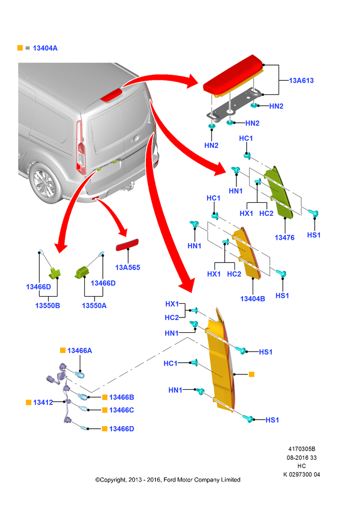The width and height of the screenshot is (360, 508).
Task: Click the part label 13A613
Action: (302, 80)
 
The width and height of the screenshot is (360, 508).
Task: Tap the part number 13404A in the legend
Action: (45, 48)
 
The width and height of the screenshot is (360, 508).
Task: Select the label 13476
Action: (284, 237)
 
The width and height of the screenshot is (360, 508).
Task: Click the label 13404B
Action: (252, 299)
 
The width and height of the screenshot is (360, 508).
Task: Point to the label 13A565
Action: (128, 267)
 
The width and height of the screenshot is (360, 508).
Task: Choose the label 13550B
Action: (48, 305)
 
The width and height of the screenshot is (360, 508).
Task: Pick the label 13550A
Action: (94, 305)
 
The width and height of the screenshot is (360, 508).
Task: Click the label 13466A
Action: (79, 351)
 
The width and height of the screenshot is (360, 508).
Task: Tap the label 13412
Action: (43, 402)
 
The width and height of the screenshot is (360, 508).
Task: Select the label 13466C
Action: (122, 410)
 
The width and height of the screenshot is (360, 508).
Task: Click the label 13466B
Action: (122, 397)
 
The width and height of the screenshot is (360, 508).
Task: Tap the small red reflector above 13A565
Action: (127, 245)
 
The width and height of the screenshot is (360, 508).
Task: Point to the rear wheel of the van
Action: (45, 183)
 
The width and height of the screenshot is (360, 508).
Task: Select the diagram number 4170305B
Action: (302, 449)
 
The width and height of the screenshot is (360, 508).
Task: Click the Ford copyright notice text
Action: (168, 480)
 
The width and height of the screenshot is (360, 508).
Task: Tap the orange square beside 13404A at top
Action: (20, 48)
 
